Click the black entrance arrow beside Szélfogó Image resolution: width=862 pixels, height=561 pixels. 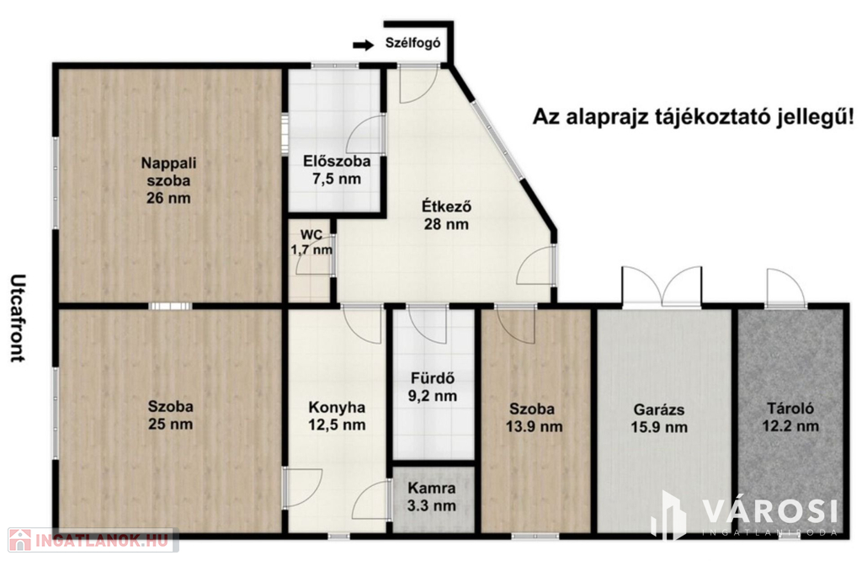click(363, 45)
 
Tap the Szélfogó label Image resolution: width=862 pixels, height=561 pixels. click(412, 44)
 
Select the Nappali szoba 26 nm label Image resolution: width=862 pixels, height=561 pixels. click(168, 180)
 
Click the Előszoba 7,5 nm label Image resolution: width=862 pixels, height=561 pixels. click(337, 170)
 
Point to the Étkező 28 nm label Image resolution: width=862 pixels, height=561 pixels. click(446, 215)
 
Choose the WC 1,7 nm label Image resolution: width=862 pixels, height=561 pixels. click(311, 243)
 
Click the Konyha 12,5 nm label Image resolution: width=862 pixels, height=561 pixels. click(337, 416)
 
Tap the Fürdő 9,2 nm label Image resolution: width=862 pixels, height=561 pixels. click(433, 387)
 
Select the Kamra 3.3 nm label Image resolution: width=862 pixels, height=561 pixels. click(432, 497)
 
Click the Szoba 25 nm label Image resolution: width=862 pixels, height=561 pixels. click(170, 415)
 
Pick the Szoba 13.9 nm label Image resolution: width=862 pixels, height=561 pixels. click(534, 418)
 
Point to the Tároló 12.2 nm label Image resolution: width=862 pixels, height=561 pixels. click(790, 417)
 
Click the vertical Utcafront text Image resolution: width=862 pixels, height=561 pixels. click(19, 318)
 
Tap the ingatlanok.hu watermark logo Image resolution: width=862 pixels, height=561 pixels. click(93, 540)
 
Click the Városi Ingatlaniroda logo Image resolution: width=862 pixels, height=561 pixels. click(744, 515)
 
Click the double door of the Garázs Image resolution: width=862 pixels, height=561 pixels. click(662, 286)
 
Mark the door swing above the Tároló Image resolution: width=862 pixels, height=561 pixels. click(785, 287)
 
